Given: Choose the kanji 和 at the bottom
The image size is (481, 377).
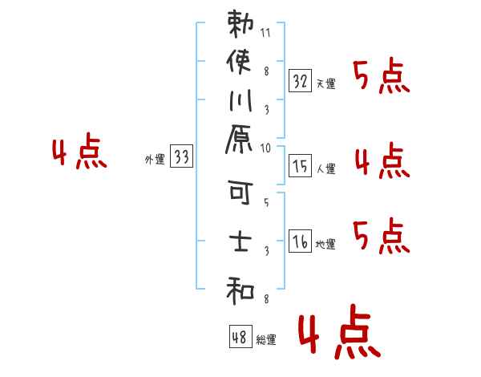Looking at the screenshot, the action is pos(240,289).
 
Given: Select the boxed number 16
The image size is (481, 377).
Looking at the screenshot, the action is pos(300,240).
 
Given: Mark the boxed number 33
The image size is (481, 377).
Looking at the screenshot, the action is pos(181,158).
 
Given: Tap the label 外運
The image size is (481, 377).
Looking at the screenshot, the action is pos(154,160).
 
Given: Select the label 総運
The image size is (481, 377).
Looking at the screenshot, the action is pos(266,340).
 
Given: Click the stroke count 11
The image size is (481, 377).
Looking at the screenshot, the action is pos(265,34).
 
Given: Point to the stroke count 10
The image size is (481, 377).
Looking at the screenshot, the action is pos(265,148).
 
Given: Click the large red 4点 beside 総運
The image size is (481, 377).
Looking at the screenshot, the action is pos(338,335).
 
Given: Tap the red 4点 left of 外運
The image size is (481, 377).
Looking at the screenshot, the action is pos(79,152).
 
